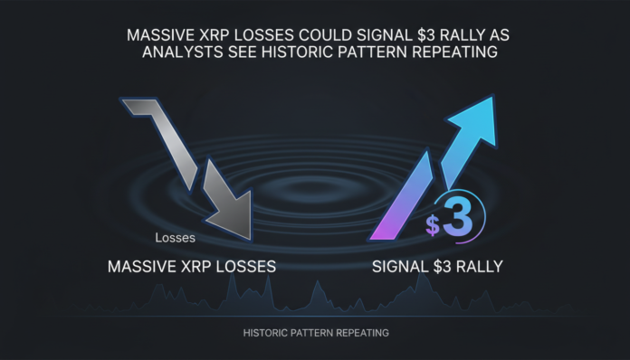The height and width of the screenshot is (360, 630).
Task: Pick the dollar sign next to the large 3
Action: click(433, 225)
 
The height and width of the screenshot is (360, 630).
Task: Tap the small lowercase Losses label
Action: click(175, 240)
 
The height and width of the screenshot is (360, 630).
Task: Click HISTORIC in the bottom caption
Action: click(269, 333)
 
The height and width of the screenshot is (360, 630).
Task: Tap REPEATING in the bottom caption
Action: click(367, 333)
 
